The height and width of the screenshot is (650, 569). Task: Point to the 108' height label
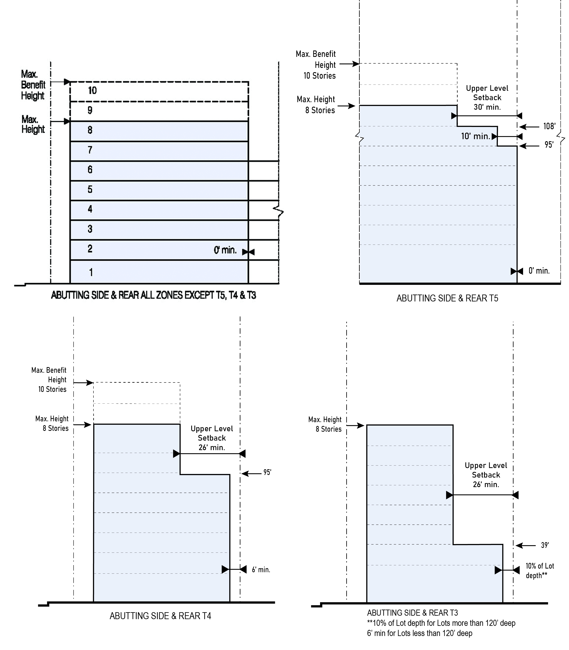pos(549,126)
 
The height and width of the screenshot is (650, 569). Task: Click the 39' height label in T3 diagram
pos(545,545)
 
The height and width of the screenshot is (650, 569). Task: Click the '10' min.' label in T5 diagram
pos(475,136)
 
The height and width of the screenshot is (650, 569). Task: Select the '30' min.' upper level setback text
pos(487,107)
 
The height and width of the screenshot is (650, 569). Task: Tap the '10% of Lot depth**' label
pos(540,571)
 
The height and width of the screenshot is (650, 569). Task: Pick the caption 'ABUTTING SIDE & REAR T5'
pos(447,298)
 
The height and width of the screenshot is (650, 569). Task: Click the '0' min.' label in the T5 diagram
pos(539,271)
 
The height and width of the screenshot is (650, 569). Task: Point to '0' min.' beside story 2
pos(225,250)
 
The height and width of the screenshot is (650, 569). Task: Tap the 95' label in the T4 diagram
pos(267,472)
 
